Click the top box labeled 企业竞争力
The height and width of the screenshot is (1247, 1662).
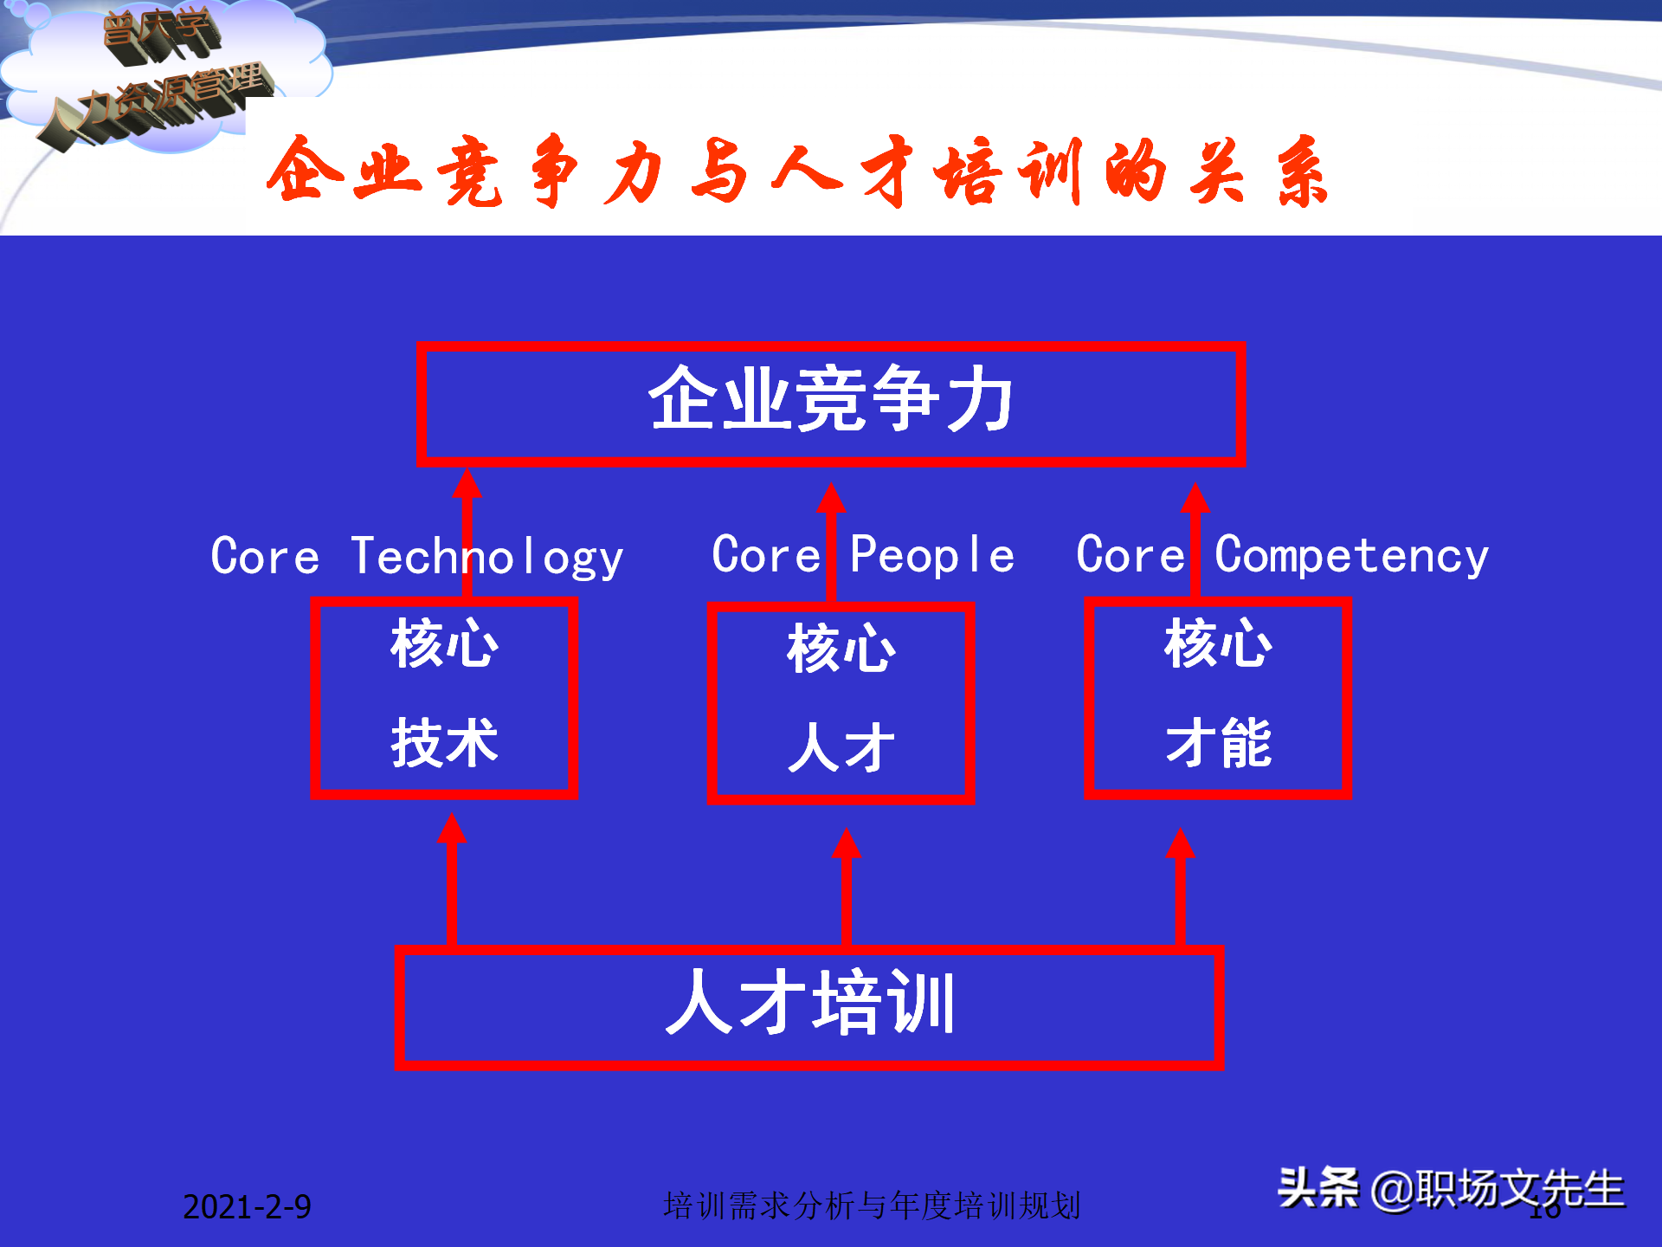[x=831, y=404]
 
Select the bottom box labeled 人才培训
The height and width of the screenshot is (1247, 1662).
[x=809, y=1007]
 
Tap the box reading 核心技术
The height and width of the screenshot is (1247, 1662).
[x=444, y=697]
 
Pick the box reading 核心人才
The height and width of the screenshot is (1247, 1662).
[x=841, y=702]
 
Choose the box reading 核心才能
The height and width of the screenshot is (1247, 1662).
[x=1217, y=697]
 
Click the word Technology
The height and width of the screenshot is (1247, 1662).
[x=487, y=557]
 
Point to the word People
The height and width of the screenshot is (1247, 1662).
[x=931, y=555]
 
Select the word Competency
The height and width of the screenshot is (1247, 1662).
[x=1351, y=555]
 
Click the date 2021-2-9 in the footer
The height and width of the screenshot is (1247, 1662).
[x=247, y=1206]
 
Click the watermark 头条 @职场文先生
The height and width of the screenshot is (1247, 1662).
[x=1451, y=1188]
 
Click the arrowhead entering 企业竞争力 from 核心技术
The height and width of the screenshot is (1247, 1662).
[x=467, y=485]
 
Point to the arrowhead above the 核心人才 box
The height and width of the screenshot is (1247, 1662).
[x=831, y=499]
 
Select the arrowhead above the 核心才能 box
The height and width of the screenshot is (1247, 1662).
[x=1195, y=499]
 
